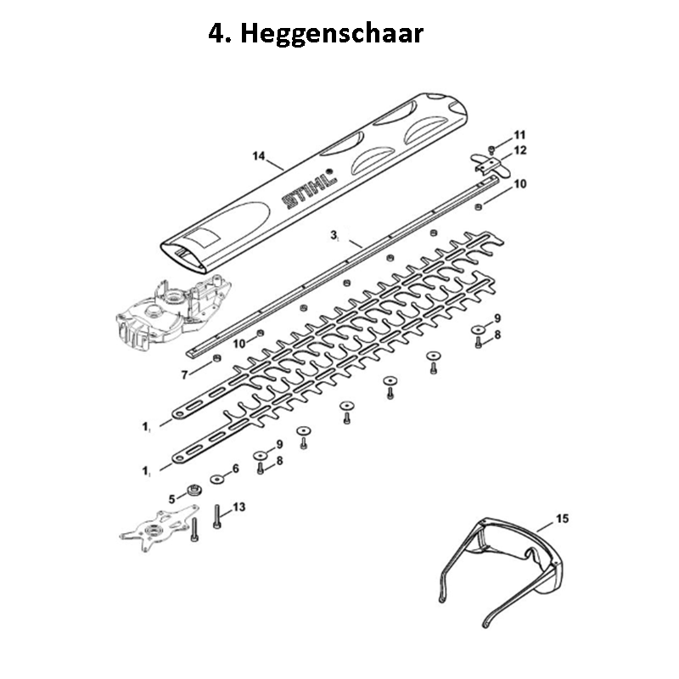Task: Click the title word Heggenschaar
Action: click(332, 34)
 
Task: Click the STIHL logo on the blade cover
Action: click(309, 189)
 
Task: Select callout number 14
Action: click(259, 155)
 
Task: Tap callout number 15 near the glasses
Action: click(562, 519)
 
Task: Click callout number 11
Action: click(519, 135)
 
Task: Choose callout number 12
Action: click(519, 150)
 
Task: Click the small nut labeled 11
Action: click(491, 150)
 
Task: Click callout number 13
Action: click(238, 507)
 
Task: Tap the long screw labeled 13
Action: click(217, 517)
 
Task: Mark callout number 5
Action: click(172, 499)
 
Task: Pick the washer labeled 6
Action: click(216, 479)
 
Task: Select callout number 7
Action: click(184, 374)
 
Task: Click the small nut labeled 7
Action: click(217, 358)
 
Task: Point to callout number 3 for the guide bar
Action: click(334, 235)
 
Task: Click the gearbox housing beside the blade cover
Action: click(173, 311)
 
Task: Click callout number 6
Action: click(236, 469)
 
